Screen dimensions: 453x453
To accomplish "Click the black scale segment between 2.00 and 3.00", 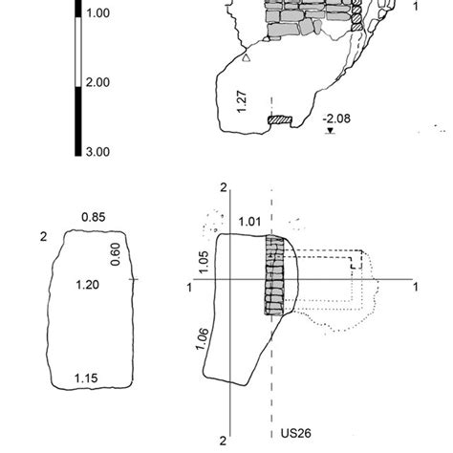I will (x=77, y=119).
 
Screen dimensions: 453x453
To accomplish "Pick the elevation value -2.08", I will (x=337, y=119).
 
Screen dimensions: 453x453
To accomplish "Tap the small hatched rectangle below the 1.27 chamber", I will (x=280, y=120).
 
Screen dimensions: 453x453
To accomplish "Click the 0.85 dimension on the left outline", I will (x=93, y=217).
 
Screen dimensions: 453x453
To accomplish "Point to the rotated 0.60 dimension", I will (x=116, y=253).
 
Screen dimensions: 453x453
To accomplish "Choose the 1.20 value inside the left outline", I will (x=88, y=284).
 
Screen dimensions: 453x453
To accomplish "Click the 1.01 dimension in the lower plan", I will (x=248, y=223).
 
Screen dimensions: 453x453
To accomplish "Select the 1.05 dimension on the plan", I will (x=203, y=259).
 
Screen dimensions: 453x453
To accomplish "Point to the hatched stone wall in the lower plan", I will (x=274, y=275).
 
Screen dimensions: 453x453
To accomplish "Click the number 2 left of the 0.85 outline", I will (x=44, y=235).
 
